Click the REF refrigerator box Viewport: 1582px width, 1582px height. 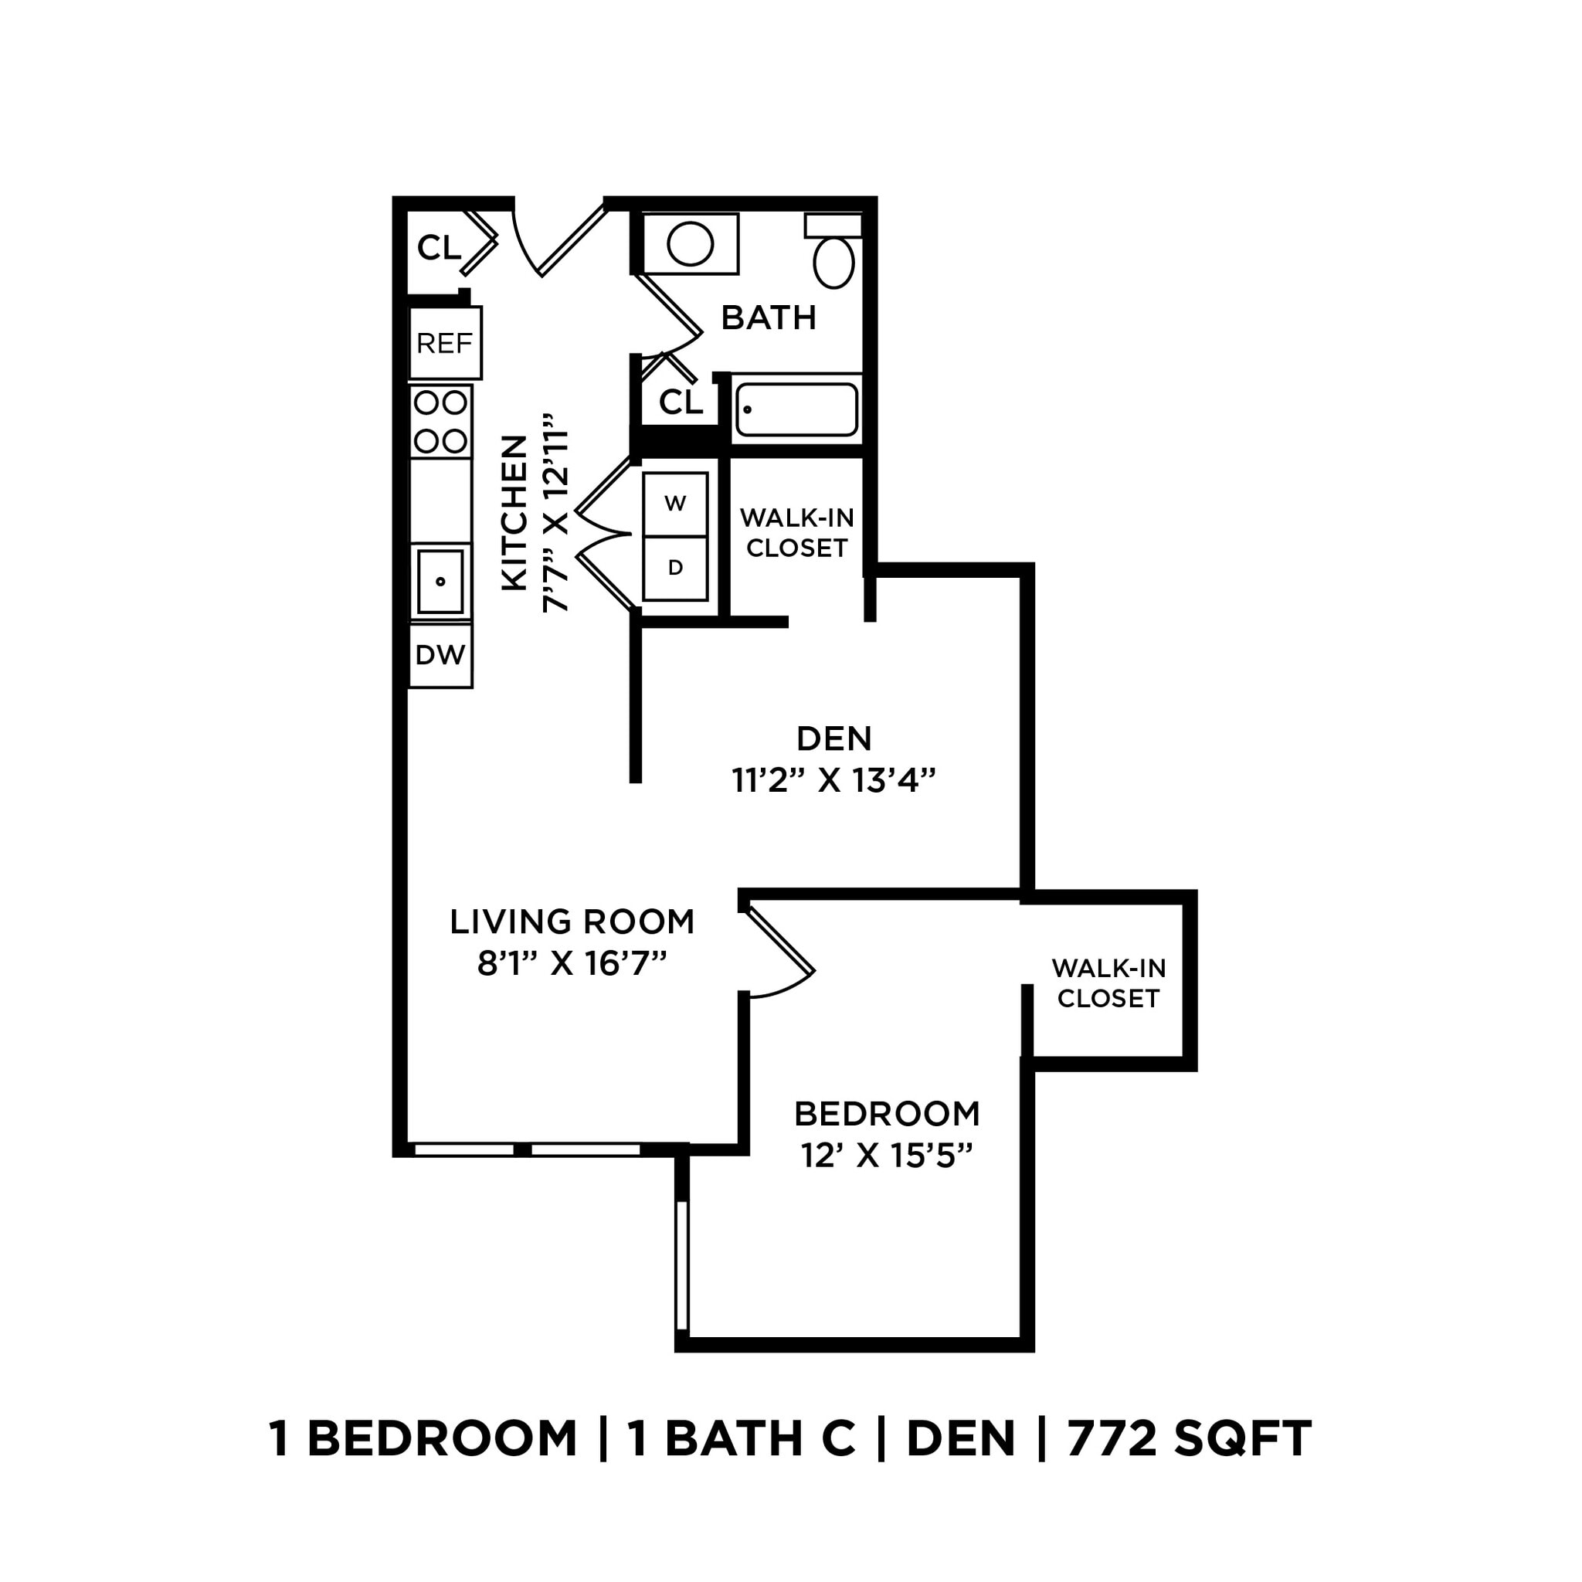445,343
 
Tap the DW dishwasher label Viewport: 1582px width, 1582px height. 440,655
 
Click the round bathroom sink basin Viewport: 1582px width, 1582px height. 691,244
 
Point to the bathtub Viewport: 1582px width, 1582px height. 796,409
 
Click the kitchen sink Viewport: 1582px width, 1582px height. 440,582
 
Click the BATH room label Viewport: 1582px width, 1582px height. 768,317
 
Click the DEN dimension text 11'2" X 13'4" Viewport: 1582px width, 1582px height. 833,780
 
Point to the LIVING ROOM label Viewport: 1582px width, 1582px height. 572,922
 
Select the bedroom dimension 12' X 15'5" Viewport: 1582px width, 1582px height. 887,1156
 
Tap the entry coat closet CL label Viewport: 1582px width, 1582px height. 439,247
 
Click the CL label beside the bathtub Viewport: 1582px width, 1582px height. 681,402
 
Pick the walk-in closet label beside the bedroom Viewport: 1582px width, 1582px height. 1108,983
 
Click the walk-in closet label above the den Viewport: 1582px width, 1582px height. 796,532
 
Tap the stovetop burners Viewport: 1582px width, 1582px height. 440,422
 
